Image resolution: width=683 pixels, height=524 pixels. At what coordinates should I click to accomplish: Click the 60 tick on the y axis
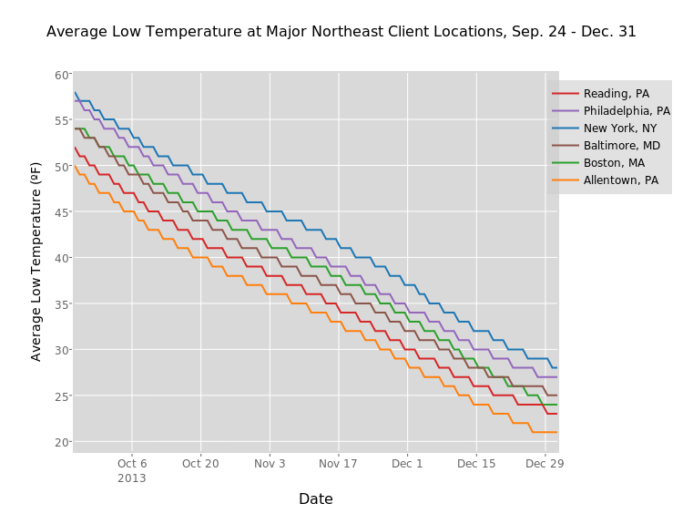tap(61, 75)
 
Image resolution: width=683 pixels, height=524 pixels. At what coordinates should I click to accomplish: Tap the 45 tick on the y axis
tap(61, 212)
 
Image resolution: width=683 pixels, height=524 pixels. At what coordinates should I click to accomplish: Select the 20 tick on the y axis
tap(61, 442)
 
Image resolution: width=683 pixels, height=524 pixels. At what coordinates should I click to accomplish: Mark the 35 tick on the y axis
tap(61, 304)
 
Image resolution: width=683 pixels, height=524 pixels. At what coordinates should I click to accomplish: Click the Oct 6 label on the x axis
tap(132, 464)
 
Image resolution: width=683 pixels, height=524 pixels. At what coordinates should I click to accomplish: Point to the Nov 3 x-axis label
tap(270, 464)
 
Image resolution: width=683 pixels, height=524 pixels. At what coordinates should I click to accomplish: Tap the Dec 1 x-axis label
tap(407, 464)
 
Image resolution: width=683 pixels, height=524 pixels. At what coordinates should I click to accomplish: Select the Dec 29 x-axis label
tap(545, 464)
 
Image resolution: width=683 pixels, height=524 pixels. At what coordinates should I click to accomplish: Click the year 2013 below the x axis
tap(132, 478)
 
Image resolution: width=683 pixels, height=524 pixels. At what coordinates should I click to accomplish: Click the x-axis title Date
tap(316, 499)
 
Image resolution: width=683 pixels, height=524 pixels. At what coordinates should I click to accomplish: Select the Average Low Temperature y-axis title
tap(36, 261)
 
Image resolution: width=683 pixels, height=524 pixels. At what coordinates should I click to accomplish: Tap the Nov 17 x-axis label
tap(338, 464)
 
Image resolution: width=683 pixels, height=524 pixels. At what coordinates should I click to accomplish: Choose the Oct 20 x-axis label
tap(200, 464)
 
